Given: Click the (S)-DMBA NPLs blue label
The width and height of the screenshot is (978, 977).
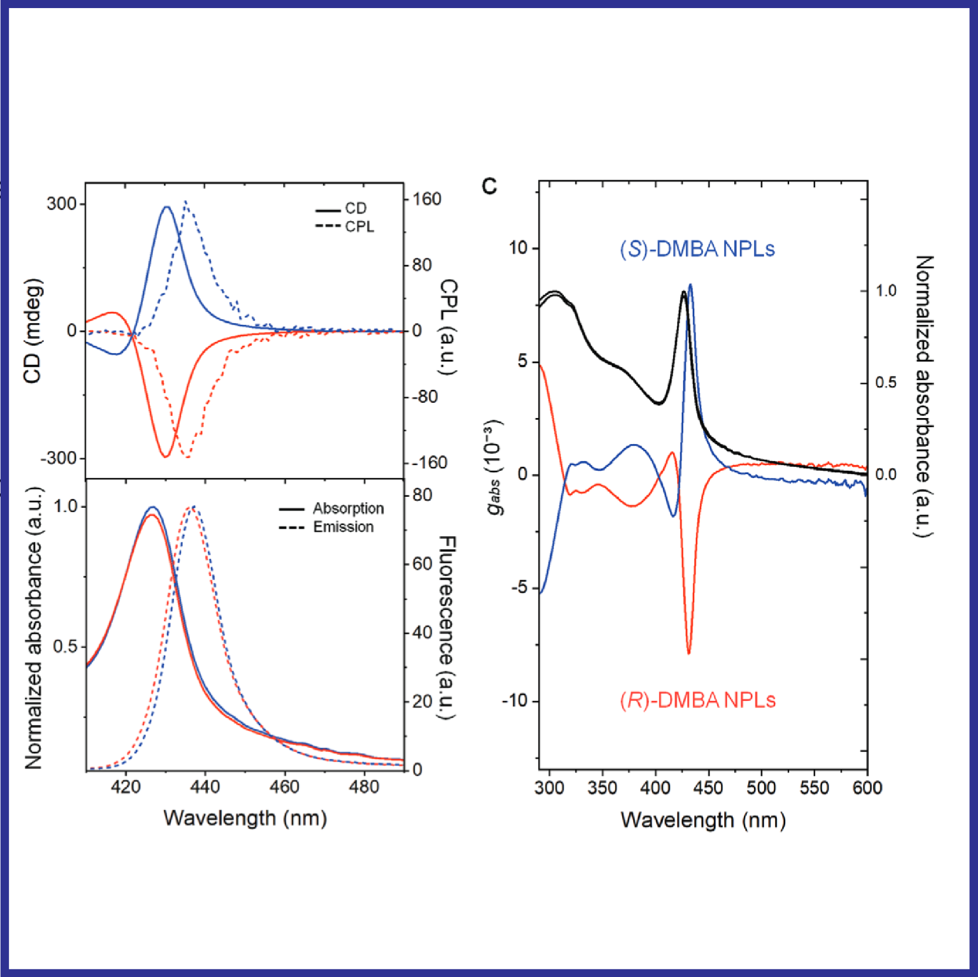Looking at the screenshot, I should pyautogui.click(x=697, y=249).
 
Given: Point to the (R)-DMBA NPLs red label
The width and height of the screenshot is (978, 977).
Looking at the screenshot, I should pyautogui.click(x=698, y=700).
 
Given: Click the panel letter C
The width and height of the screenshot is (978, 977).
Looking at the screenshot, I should pyautogui.click(x=490, y=186).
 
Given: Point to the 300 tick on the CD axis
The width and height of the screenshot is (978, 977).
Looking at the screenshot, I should pyautogui.click(x=61, y=204).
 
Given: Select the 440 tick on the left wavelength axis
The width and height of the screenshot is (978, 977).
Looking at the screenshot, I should pyautogui.click(x=205, y=786).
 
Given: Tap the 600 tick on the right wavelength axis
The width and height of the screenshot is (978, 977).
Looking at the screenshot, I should pyautogui.click(x=867, y=787).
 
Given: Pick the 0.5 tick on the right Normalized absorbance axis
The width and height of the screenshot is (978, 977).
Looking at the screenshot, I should pyautogui.click(x=886, y=383).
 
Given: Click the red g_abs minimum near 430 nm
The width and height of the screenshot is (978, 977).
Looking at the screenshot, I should pyautogui.click(x=689, y=653).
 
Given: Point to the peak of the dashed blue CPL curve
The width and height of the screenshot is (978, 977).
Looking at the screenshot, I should pyautogui.click(x=186, y=201).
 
